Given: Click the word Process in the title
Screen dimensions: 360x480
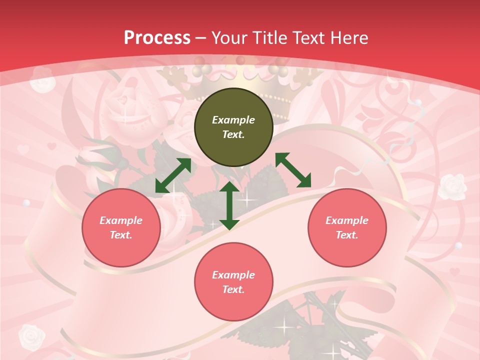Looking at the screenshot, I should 157,37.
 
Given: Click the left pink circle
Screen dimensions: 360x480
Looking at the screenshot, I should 121,227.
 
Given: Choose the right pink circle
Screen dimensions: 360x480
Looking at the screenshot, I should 347,227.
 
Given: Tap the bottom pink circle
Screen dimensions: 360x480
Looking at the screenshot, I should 233,282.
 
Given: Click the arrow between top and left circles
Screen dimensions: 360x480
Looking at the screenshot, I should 173,175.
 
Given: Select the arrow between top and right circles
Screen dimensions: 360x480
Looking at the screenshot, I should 293,170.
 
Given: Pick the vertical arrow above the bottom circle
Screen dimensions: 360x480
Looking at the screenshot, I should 229,205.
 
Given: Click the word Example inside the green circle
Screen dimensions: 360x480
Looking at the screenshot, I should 233,120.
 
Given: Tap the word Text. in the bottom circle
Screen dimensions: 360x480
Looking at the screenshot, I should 233,289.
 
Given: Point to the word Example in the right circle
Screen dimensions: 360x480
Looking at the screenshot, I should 347,220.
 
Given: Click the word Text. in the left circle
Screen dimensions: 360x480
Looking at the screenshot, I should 121,235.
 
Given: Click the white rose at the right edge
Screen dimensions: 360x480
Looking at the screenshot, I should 453,186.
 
